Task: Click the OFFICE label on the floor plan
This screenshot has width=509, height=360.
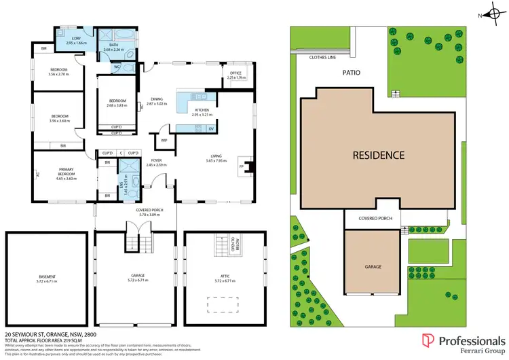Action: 235,73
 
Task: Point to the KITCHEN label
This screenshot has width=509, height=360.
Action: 202,110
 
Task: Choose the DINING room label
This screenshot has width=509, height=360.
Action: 155,100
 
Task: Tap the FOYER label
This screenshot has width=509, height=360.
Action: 155,161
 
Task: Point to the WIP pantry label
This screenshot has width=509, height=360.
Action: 164,141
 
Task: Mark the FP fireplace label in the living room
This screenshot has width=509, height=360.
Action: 240,165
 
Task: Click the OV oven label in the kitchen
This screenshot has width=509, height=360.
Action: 211,129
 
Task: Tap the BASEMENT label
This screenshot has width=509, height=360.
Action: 47,276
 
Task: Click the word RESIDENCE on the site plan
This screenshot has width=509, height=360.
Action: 378,155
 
